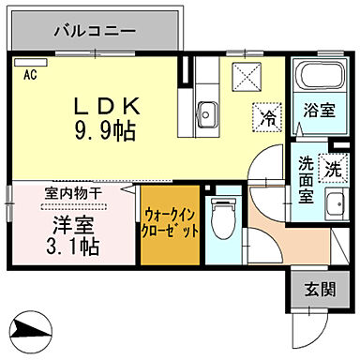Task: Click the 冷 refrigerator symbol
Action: (x=268, y=118)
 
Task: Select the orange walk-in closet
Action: (x=170, y=230)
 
